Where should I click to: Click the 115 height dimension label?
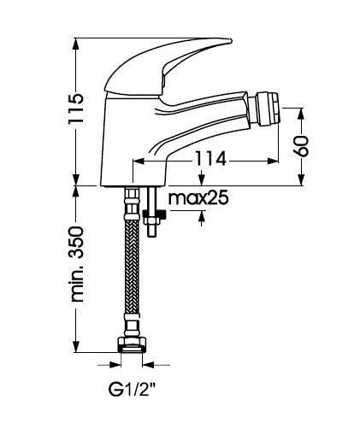(x=76, y=108)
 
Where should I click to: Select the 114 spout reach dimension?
(x=210, y=159)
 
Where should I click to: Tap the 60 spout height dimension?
(x=302, y=146)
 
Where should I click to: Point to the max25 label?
(x=198, y=197)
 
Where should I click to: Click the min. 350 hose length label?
(x=77, y=264)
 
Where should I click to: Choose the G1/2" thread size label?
(x=132, y=389)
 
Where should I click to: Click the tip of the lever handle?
(x=230, y=41)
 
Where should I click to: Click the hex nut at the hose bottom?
(x=132, y=344)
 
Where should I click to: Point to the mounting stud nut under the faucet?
(x=154, y=215)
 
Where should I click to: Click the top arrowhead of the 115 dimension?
(x=76, y=44)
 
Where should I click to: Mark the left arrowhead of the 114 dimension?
(x=139, y=162)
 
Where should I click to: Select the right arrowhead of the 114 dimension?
(x=273, y=162)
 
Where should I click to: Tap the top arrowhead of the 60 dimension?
(x=302, y=114)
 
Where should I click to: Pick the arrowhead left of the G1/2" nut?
(x=115, y=365)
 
